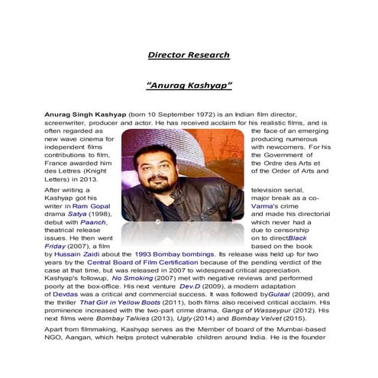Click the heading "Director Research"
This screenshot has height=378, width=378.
[189, 55]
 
